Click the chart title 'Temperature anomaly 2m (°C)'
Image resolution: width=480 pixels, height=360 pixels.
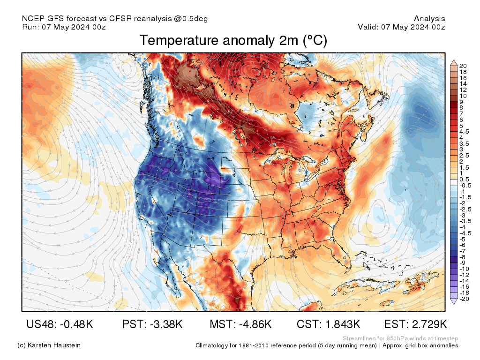click(x=233, y=41)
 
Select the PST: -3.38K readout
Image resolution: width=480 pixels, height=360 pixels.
click(x=152, y=324)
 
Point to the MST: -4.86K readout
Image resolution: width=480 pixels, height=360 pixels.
click(x=240, y=324)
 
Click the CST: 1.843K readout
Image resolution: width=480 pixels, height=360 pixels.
click(x=328, y=324)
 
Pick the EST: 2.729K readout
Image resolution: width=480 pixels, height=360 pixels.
click(x=415, y=324)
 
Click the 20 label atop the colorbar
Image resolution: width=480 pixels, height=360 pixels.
click(x=463, y=66)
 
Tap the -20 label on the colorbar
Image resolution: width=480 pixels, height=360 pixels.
click(x=464, y=299)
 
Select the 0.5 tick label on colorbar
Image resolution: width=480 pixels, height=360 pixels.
click(x=464, y=179)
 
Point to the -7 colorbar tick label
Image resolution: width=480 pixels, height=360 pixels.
click(x=463, y=251)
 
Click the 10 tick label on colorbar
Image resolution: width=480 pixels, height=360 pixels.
click(x=463, y=96)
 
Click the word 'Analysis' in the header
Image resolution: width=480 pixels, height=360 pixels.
click(x=429, y=19)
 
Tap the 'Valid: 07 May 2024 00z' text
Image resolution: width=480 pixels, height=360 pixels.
click(x=401, y=27)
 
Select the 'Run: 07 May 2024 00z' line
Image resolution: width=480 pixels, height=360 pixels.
click(x=64, y=27)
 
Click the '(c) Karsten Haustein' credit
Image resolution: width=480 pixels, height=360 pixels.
click(x=49, y=345)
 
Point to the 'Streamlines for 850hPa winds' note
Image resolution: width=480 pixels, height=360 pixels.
click(x=400, y=338)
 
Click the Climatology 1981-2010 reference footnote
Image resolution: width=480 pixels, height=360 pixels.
click(x=327, y=345)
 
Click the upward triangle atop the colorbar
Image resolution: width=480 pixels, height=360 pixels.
click(x=453, y=62)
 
